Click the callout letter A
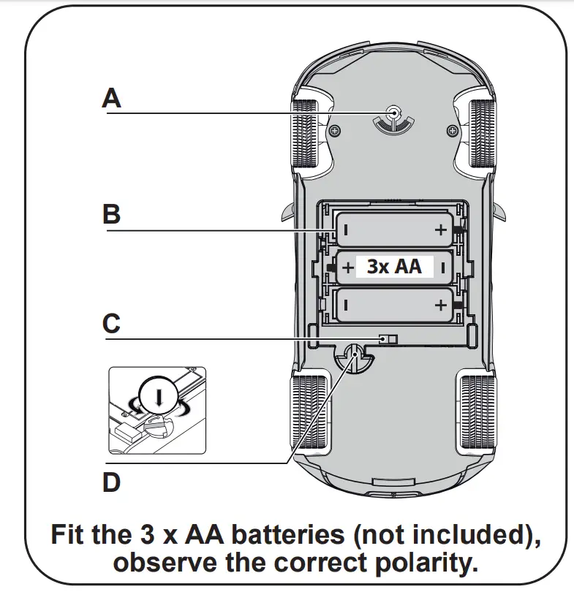click(111, 97)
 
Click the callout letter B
click(111, 215)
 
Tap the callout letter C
click(111, 323)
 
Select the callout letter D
click(111, 483)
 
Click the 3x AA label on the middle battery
click(394, 267)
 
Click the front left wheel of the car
click(305, 132)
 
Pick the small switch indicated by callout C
click(389, 338)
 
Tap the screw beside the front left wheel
click(336, 131)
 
